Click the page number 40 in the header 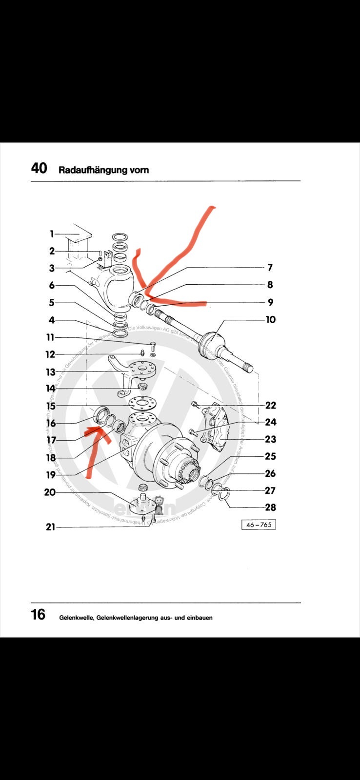[x=39, y=168]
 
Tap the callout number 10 [x=270, y=319]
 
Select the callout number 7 [x=270, y=267]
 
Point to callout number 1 [x=51, y=234]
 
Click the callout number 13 [x=50, y=372]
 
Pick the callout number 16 [x=51, y=423]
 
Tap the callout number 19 [x=51, y=474]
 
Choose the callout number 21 [x=50, y=526]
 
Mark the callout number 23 [x=270, y=439]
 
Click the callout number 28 [x=270, y=507]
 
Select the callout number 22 [x=270, y=405]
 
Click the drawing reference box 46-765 [x=259, y=525]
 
